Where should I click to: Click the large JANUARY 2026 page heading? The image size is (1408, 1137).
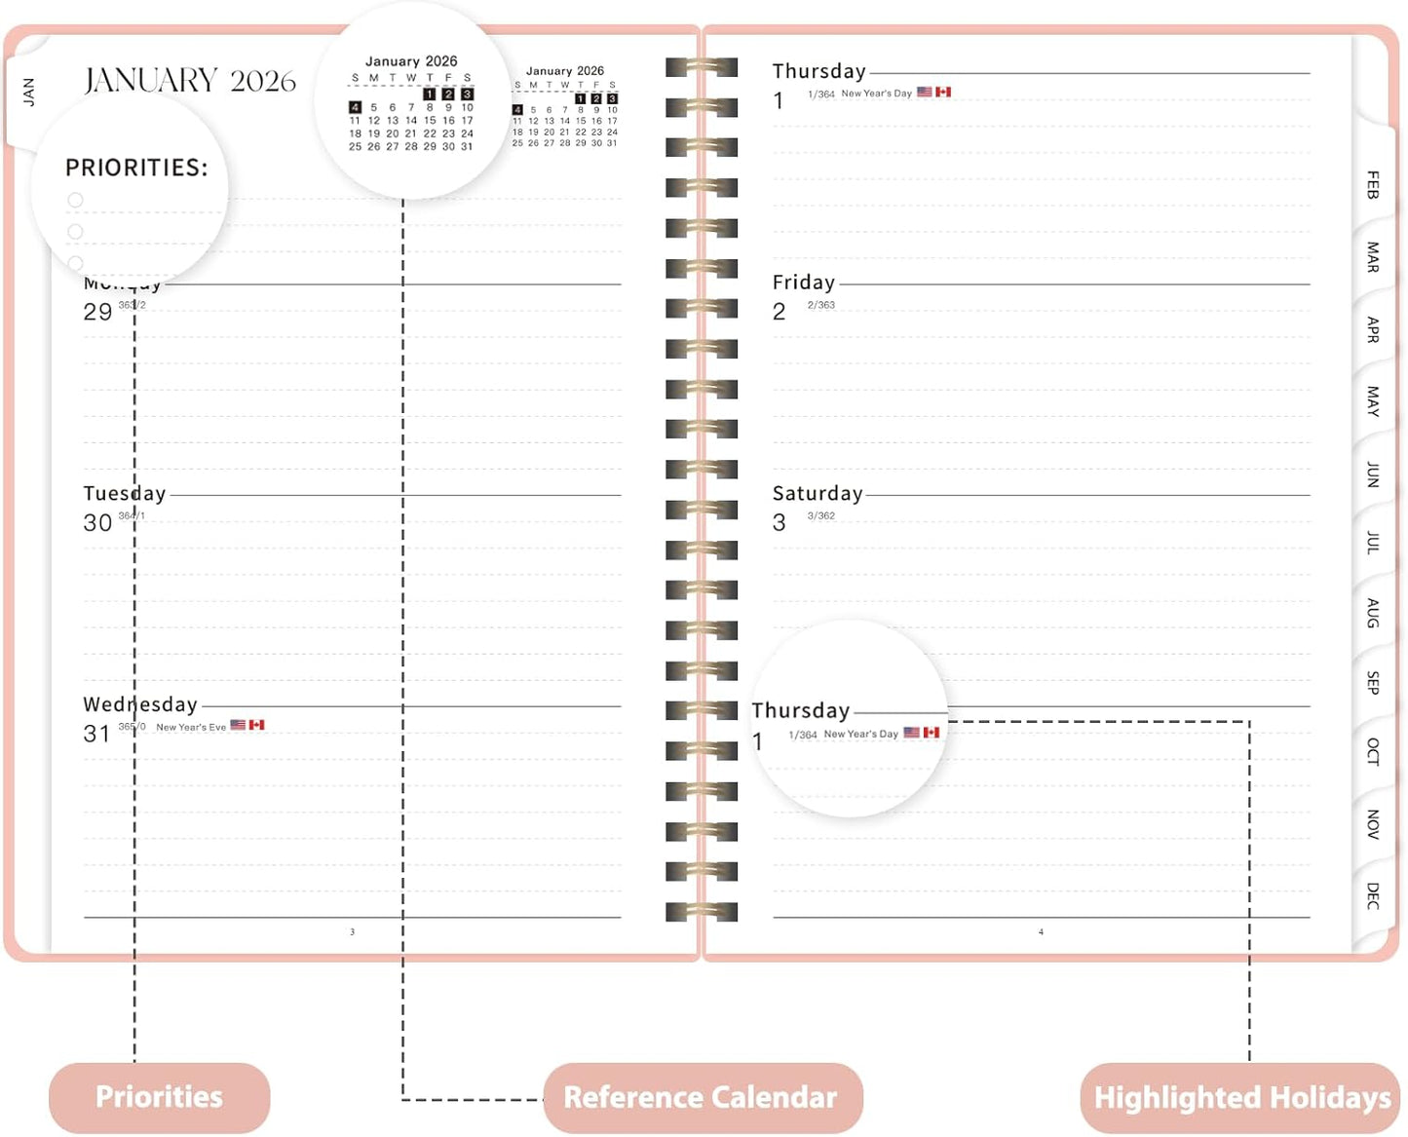190,80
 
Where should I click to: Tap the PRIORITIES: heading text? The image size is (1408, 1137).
136,168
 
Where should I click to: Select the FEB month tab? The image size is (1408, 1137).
1373,184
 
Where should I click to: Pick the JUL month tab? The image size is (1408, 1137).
1373,543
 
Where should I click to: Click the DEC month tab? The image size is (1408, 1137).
1373,895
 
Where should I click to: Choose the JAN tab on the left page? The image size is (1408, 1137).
28,92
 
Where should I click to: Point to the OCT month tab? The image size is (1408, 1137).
1373,751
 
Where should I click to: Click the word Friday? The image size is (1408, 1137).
804,283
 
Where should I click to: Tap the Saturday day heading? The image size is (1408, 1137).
818,494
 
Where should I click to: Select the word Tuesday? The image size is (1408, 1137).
125,494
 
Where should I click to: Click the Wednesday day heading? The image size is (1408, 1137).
140,704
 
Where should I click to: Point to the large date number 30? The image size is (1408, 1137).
97,523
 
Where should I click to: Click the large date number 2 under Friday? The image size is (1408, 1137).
780,312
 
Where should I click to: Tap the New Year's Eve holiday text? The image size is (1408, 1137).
191,727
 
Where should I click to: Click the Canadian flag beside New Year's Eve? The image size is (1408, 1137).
257,725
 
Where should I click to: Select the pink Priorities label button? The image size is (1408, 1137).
159,1097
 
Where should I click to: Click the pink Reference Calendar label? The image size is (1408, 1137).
702,1097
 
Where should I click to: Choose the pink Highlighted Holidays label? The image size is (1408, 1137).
1241,1098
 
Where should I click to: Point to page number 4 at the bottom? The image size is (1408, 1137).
1041,932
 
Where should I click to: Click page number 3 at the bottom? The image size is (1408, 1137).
353,932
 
